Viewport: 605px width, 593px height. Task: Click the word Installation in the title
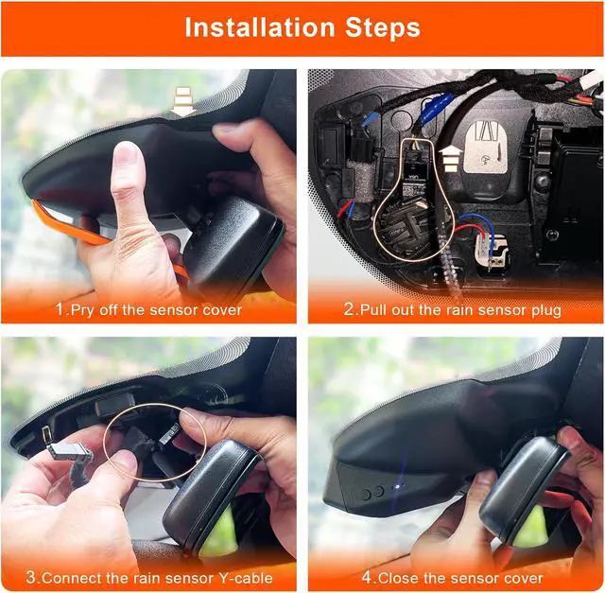coord(259,27)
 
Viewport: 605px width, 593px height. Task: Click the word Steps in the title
coord(382,27)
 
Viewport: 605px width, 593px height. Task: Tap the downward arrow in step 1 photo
coord(182,101)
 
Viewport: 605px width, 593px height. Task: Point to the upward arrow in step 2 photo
coord(450,158)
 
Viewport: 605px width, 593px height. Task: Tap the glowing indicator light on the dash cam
coord(399,486)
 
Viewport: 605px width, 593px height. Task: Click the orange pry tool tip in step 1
coord(39,209)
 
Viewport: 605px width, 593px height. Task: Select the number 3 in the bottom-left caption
coord(31,578)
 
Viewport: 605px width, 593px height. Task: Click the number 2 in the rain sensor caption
coord(349,309)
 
